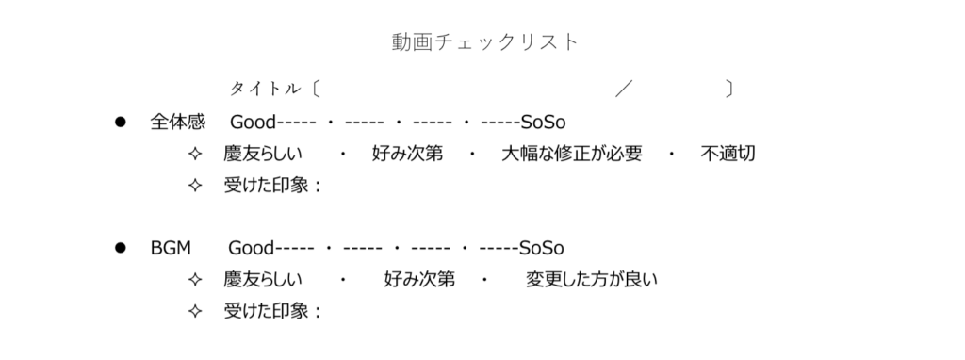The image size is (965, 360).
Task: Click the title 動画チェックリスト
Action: pyautogui.click(x=484, y=42)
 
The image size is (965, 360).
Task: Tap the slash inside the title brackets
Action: pyautogui.click(x=623, y=90)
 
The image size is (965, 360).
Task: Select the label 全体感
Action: pyautogui.click(x=177, y=123)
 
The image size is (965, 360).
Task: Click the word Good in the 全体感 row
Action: pyautogui.click(x=251, y=123)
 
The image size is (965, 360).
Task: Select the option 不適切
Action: pyautogui.click(x=728, y=154)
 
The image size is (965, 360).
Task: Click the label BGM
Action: pyautogui.click(x=171, y=249)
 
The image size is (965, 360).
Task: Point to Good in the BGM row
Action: pyautogui.click(x=251, y=249)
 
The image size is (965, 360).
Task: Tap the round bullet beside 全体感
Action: pyautogui.click(x=120, y=123)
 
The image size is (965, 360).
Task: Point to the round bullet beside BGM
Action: pyautogui.click(x=120, y=249)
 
